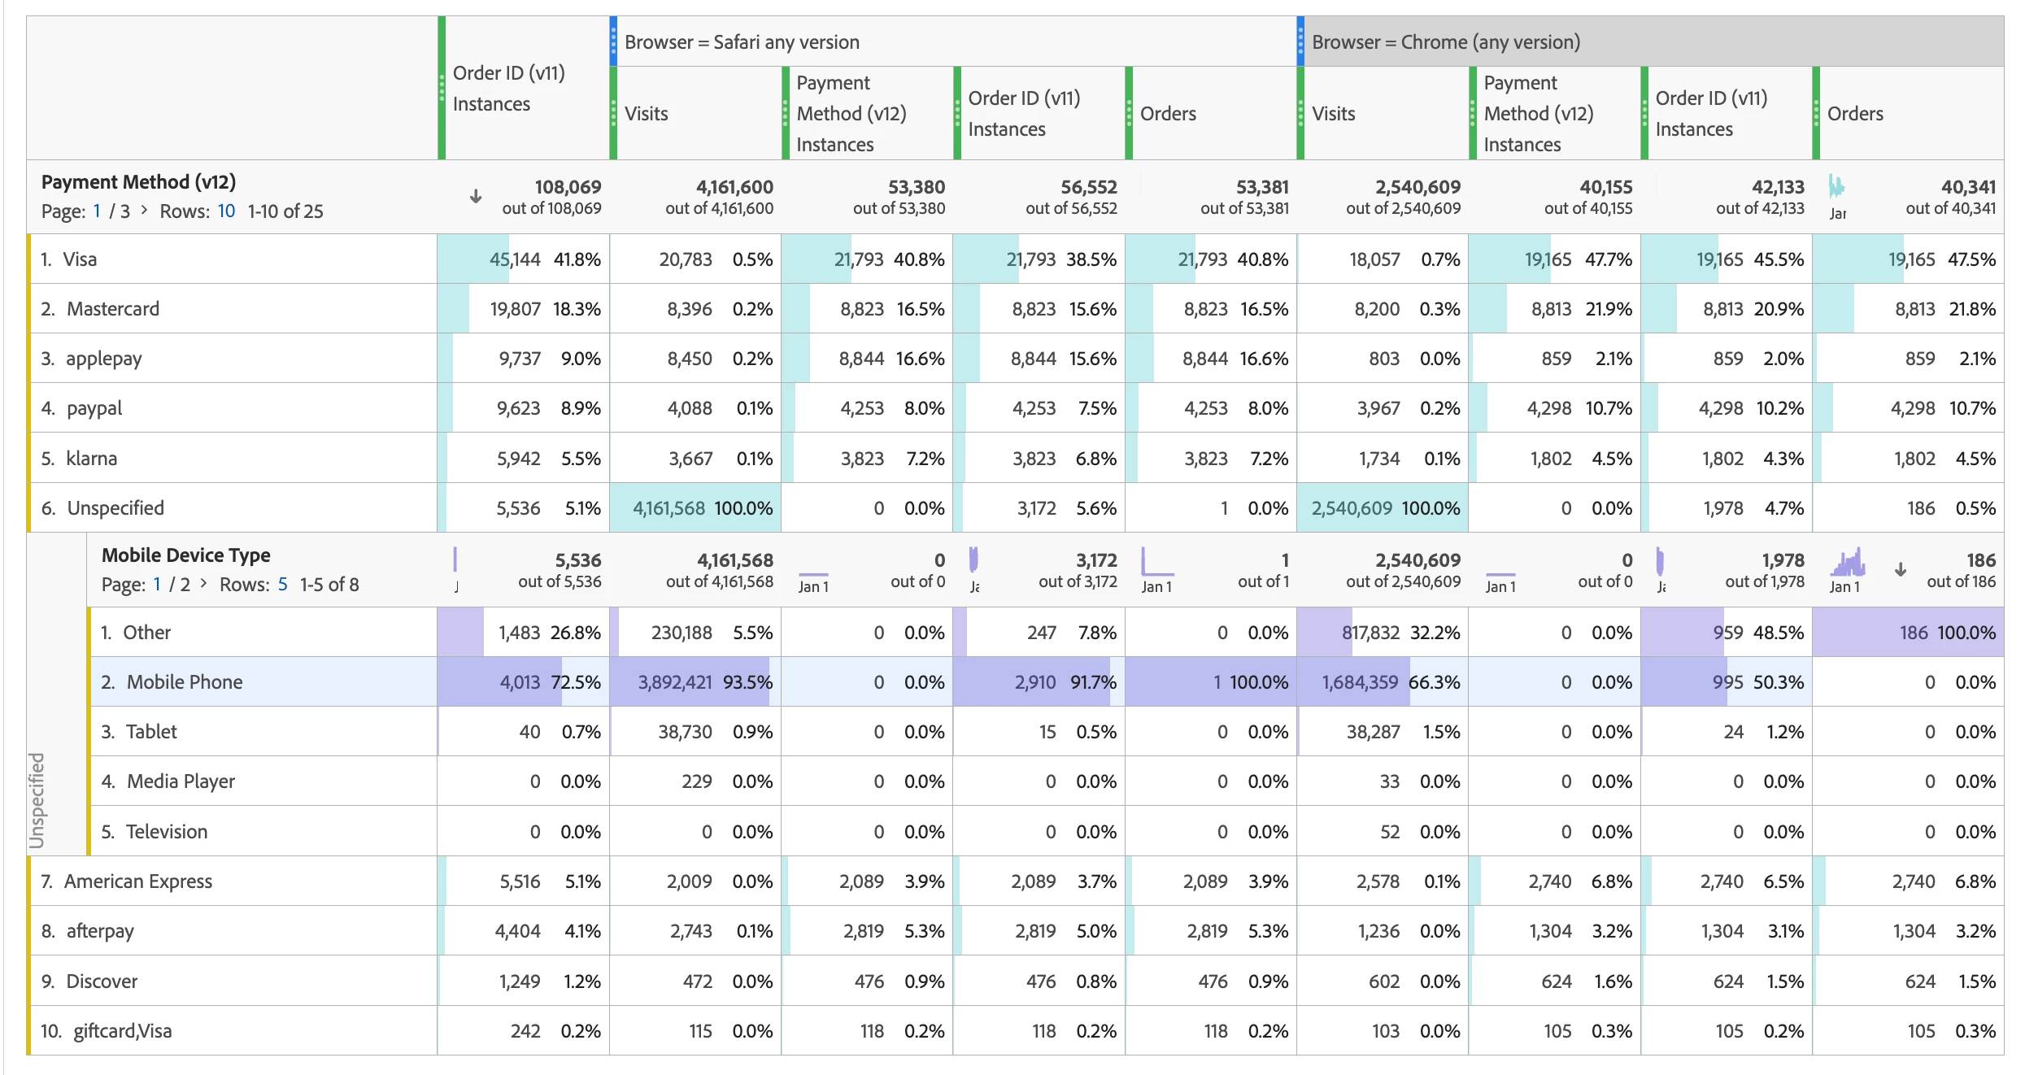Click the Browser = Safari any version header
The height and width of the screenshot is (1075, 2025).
point(742,42)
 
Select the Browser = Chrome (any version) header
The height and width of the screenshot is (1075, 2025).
point(1445,42)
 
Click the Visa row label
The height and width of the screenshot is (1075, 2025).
point(80,259)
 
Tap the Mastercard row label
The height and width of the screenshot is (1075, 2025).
point(112,309)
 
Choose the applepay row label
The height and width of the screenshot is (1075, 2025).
point(103,359)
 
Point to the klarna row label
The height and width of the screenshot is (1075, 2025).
point(91,459)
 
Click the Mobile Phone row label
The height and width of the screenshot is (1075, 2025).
point(184,682)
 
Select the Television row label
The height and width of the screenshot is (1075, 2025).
point(166,832)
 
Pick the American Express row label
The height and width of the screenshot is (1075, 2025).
point(137,881)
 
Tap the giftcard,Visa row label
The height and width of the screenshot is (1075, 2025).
point(122,1031)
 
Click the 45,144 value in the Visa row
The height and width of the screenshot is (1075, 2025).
point(515,259)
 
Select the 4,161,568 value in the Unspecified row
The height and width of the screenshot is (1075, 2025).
point(668,508)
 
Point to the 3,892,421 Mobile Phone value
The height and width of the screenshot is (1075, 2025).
point(675,682)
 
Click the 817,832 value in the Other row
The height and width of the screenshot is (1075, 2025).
point(1370,633)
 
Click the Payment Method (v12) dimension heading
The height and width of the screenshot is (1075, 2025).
point(138,182)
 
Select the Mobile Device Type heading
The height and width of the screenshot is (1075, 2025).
point(185,555)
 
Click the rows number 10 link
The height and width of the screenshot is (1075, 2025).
point(226,211)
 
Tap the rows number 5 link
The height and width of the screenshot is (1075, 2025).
point(282,585)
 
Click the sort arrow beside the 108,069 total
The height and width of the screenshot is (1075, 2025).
point(476,197)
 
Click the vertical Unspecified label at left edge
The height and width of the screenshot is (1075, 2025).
point(37,800)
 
